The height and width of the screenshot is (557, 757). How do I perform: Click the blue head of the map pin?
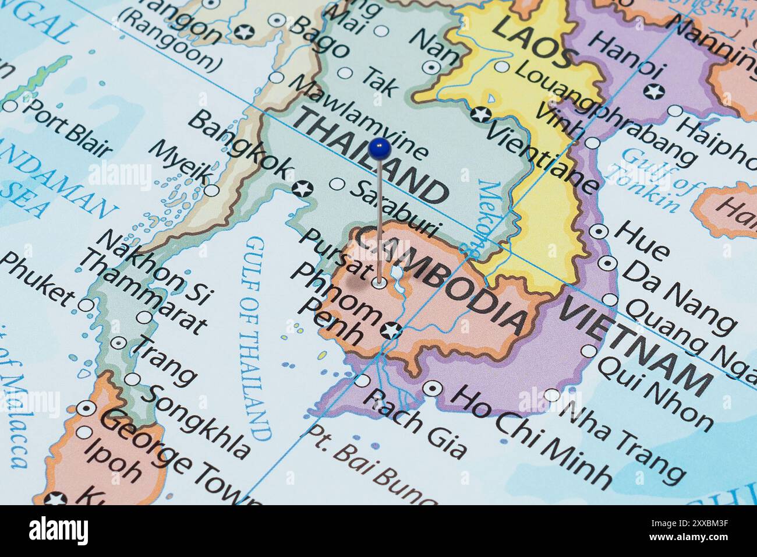[x=379, y=149]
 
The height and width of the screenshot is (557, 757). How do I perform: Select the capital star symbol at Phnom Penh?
[x=390, y=330]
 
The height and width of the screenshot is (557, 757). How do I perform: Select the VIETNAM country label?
[x=635, y=343]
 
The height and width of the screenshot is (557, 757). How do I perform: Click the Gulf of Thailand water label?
[x=254, y=338]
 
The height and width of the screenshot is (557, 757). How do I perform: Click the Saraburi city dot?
[x=337, y=184]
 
